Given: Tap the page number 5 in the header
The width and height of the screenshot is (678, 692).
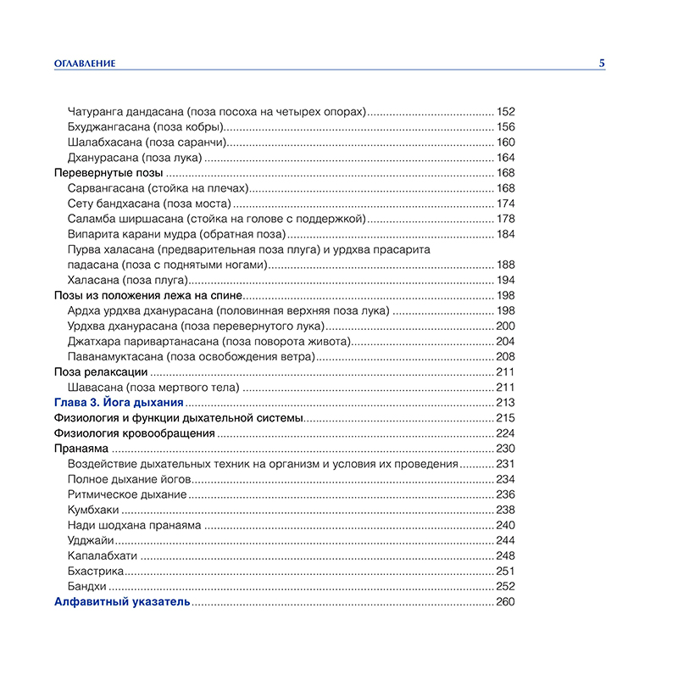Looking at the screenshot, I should click(602, 63).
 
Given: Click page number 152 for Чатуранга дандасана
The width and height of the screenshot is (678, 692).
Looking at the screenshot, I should click(506, 112).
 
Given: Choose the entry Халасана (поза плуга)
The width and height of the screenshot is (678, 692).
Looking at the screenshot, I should click(127, 280).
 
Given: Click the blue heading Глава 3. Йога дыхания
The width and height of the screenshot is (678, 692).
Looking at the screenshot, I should click(118, 402).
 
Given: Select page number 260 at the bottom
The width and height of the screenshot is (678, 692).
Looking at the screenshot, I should click(506, 602).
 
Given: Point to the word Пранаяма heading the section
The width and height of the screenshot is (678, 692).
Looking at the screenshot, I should click(81, 449).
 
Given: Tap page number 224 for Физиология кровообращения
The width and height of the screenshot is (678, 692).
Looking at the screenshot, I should click(506, 433).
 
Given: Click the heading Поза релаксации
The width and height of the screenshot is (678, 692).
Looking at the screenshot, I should click(101, 371).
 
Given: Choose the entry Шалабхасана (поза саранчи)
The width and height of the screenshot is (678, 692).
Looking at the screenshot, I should click(146, 142).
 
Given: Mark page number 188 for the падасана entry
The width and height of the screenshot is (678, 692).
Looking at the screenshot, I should click(506, 265).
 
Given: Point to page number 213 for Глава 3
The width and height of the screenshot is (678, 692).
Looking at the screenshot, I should click(506, 402).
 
